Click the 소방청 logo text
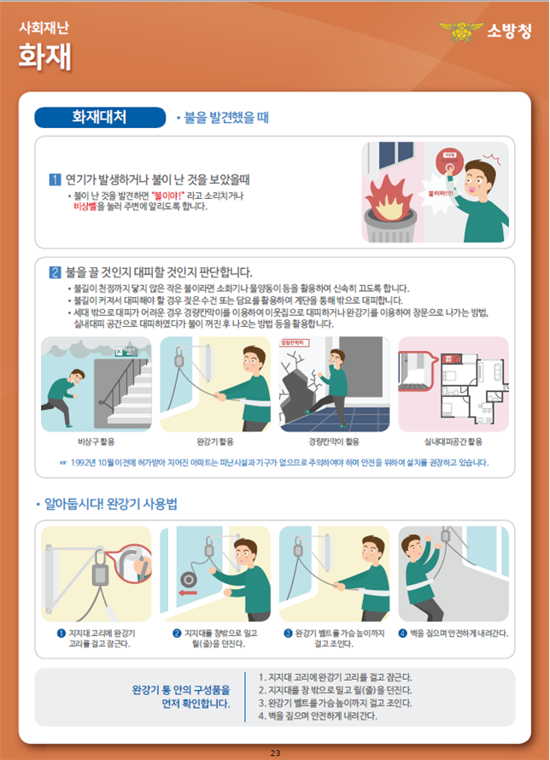pos(509,32)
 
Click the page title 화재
pos(44,56)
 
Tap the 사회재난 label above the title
pos(44,26)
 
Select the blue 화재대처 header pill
pos(98,117)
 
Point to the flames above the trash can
pos(392,190)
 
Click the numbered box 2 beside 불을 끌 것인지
pos(55,273)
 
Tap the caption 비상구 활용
pos(96,441)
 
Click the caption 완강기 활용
pos(214,441)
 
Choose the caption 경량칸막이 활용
pos(334,441)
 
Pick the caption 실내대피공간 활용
pos(453,441)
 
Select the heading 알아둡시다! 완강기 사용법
pos(110,505)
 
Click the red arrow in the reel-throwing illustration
pos(187,591)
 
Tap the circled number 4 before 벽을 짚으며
pos(403,633)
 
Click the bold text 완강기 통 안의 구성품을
pos(180,689)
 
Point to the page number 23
pos(275,752)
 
